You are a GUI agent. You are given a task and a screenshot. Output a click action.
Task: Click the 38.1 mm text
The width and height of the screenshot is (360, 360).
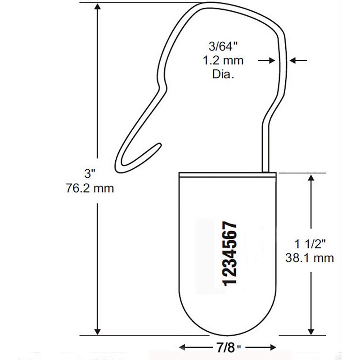309,258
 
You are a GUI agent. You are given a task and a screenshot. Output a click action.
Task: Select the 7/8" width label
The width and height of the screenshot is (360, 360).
227,347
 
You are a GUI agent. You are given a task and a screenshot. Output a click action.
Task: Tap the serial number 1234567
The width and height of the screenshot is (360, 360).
229,252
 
